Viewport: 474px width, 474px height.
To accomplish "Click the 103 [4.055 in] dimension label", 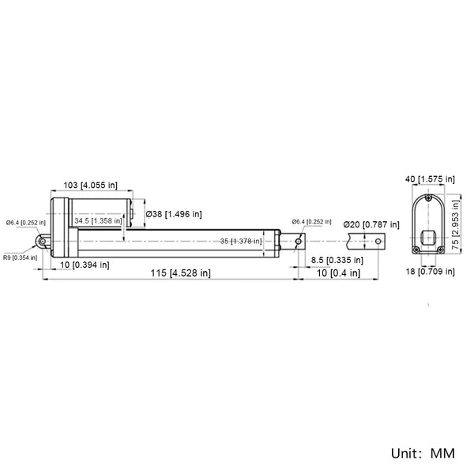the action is [90, 185].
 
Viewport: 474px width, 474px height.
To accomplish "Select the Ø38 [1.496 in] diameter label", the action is [174, 214].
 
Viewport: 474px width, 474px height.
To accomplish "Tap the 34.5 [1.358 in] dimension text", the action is [98, 220].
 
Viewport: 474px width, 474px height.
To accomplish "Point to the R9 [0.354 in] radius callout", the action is [21, 258].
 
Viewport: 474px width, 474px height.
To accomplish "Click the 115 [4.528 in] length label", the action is [180, 273].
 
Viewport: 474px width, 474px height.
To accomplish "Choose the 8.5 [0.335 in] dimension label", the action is [337, 260].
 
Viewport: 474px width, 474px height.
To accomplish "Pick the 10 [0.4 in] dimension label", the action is [338, 273].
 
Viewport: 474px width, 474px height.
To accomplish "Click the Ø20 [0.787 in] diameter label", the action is [371, 224].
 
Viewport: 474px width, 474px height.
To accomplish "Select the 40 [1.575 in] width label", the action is [430, 179].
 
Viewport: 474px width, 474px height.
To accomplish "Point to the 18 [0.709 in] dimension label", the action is [431, 271].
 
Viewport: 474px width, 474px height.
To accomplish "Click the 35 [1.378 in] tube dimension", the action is [241, 241].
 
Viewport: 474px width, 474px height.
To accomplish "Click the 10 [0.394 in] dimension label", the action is [85, 265].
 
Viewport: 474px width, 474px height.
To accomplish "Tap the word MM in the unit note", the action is [442, 453].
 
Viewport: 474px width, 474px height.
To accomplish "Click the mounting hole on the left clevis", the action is [43, 241].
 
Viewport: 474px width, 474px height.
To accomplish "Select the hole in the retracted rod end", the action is [299, 241].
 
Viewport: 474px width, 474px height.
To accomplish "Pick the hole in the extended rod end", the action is [378, 241].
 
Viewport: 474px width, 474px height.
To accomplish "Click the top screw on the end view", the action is [428, 198].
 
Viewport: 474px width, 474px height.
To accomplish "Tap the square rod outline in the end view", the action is [428, 237].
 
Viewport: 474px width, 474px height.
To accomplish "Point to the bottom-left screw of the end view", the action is [416, 250].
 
